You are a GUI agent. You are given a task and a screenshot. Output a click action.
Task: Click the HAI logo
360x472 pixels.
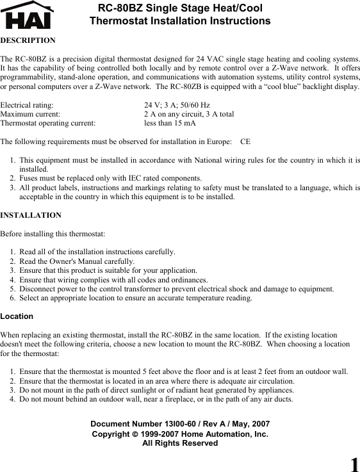[x=28, y=15]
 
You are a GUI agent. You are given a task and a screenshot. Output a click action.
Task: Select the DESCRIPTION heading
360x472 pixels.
[x=28, y=40]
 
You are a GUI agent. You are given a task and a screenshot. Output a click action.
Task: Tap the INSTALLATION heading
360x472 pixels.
[x=31, y=215]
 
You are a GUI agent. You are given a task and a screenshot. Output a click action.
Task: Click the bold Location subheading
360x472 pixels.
[x=17, y=316]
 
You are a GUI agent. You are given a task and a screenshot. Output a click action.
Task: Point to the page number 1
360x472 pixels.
[x=353, y=464]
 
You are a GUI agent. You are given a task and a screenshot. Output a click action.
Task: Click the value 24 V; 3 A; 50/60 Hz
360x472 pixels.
[x=176, y=104]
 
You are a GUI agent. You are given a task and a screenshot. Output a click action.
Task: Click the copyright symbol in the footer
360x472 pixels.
[x=135, y=434]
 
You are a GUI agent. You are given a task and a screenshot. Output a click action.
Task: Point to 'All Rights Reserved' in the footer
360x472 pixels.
[x=180, y=443]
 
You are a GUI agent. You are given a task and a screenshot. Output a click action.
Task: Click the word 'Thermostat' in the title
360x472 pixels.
[x=116, y=21]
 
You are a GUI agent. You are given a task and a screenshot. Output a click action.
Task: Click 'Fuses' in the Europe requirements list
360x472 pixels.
[x=29, y=178]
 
